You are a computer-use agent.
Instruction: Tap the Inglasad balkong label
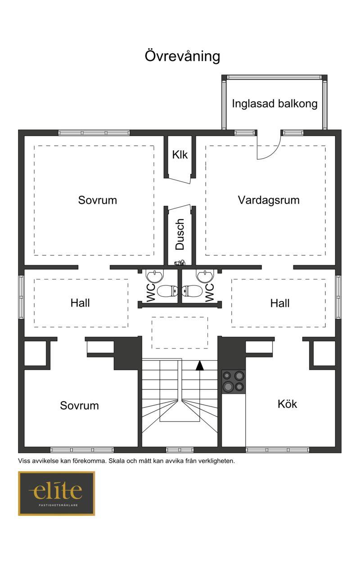[274, 104]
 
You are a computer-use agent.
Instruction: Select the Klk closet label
[180, 154]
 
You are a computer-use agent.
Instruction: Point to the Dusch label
[180, 234]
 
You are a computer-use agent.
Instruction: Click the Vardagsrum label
[269, 200]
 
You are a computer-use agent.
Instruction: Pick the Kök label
[287, 404]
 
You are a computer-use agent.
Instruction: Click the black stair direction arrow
[200, 366]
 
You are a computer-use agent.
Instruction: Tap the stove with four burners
[234, 382]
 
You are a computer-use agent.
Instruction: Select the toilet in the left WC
[167, 291]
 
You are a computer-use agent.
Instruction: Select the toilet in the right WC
[192, 291]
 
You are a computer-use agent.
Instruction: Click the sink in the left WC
[155, 276]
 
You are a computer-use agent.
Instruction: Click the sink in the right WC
[205, 276]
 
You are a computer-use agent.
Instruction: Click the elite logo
[56, 493]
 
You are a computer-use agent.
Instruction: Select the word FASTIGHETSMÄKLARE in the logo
[58, 505]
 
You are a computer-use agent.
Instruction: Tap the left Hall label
[80, 303]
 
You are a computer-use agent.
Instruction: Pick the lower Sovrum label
[79, 406]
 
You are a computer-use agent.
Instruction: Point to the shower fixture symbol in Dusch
[180, 262]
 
